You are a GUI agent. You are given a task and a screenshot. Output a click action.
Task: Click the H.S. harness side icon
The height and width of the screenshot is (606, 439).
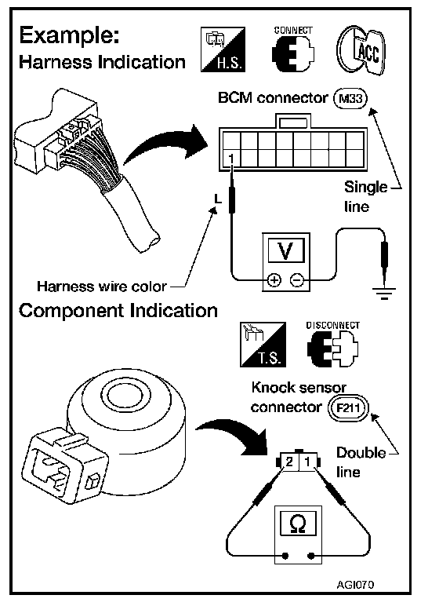coord(223,49)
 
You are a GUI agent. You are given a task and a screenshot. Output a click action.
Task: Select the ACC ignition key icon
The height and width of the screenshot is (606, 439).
coord(361,51)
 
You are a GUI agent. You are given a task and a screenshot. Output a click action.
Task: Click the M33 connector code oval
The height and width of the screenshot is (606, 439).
coord(350,99)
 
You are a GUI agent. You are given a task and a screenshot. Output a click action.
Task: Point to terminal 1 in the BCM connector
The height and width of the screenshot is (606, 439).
coord(231,159)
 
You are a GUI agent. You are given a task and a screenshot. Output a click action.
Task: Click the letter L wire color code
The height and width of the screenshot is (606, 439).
coord(218,199)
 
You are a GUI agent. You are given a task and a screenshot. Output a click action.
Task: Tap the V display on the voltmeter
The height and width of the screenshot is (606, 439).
coord(285,250)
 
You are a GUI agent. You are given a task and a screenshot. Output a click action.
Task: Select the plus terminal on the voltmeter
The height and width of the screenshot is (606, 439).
coord(274,279)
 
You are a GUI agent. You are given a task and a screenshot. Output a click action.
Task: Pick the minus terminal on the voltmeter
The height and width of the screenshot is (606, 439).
coord(297,279)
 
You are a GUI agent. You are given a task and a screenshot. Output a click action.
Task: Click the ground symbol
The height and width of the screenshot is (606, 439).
coord(383,293)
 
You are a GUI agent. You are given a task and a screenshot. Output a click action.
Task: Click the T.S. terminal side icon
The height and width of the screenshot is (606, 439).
coord(263,345)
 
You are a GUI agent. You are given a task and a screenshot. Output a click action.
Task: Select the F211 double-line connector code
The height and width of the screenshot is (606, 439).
coord(349,407)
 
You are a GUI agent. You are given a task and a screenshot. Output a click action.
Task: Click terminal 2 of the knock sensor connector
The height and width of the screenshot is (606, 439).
coord(289,462)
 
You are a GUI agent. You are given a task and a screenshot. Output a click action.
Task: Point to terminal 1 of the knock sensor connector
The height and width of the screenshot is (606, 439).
coord(308,462)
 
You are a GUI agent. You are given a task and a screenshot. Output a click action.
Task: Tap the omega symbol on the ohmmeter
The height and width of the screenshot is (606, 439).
coord(297,524)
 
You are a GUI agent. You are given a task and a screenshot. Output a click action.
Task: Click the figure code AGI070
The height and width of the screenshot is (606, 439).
coord(355,584)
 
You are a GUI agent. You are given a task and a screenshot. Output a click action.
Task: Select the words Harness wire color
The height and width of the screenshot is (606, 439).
coord(102,287)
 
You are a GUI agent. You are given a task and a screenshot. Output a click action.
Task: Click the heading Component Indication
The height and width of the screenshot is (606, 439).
coord(118,311)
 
